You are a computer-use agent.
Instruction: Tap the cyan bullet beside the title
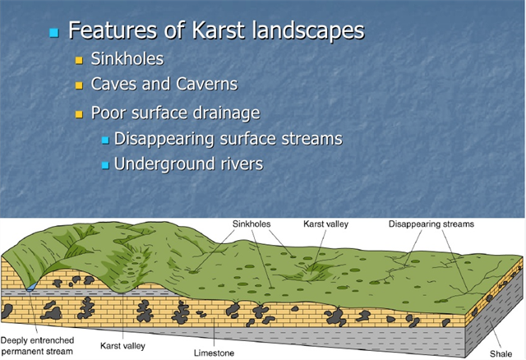point(53,33)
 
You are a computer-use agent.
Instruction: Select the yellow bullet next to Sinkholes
point(79,60)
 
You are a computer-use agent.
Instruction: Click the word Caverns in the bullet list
point(207,84)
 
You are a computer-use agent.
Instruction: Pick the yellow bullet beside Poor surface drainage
point(79,114)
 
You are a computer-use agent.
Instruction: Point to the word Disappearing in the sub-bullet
point(164,139)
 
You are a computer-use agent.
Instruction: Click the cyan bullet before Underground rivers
point(105,165)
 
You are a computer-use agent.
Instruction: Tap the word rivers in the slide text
point(242,164)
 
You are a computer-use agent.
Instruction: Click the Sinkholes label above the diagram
point(251,224)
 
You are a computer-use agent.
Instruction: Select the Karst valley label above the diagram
point(325,224)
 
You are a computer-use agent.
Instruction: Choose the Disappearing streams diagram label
point(431,224)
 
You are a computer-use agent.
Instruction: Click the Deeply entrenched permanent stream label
point(37,346)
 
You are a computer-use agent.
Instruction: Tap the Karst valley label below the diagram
point(122,346)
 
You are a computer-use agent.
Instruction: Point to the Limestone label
point(214,353)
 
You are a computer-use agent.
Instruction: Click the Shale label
point(501,353)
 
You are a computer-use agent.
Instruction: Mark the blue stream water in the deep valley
point(32,286)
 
